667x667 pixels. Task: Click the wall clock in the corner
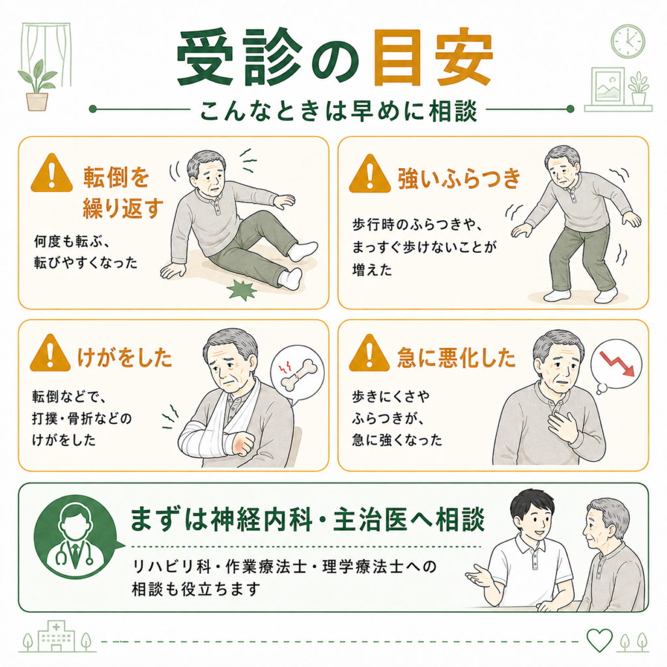[628, 42]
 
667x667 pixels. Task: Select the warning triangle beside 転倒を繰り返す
[52, 173]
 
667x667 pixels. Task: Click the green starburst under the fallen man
[242, 290]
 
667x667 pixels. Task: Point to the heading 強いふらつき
[459, 178]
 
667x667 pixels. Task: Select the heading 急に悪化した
[457, 358]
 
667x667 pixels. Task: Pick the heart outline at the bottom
[599, 640]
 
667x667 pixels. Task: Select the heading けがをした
[124, 358]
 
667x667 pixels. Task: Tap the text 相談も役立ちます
[196, 589]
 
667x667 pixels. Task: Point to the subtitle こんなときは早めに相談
[339, 111]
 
